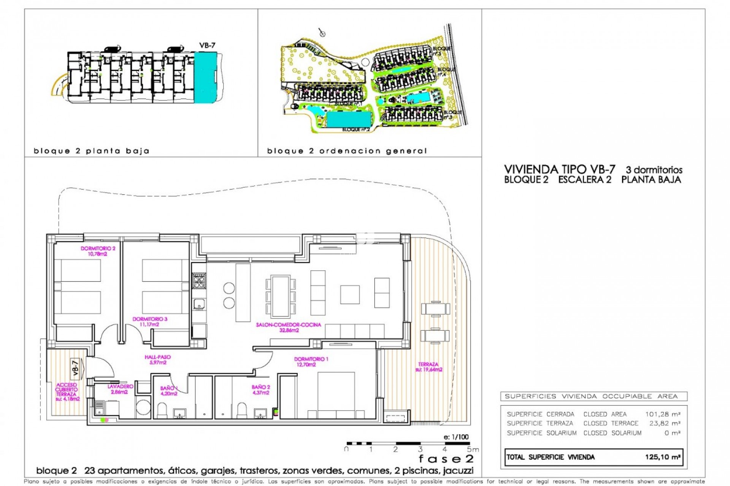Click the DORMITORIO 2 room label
(98, 251)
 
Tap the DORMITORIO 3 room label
(150, 322)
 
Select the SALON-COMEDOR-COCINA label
(289, 327)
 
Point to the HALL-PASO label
(157, 360)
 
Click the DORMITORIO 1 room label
(311, 361)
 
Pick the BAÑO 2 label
(261, 390)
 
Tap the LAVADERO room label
(120, 389)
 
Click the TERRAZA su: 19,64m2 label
(428, 367)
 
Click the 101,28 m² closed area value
(662, 414)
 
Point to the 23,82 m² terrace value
(665, 423)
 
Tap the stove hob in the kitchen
(199, 281)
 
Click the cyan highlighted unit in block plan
(205, 77)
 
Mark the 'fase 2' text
(446, 459)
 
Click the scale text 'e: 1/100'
(456, 437)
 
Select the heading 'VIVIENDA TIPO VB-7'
(559, 169)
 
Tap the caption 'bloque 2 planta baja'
(92, 151)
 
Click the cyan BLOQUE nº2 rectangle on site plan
(349, 119)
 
